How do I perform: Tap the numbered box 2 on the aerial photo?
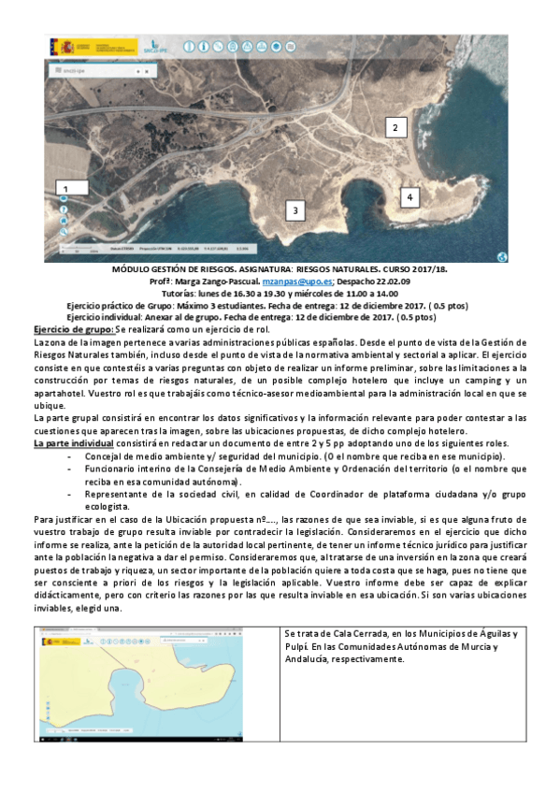(x=395, y=126)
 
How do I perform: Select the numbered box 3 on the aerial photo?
(x=295, y=211)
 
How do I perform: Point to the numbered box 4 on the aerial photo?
(x=409, y=197)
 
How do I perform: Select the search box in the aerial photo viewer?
(x=93, y=70)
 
